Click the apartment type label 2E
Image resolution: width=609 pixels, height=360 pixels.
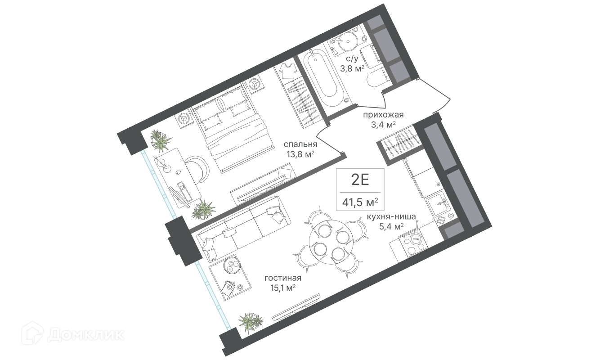[360, 180]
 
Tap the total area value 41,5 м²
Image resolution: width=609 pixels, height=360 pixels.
[360, 202]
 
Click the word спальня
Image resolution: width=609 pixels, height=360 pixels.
[300, 144]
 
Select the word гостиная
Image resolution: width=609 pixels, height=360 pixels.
[283, 278]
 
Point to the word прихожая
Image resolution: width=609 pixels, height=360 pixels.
[383, 115]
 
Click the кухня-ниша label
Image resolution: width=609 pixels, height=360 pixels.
[391, 216]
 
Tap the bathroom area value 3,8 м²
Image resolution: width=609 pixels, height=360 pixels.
[352, 68]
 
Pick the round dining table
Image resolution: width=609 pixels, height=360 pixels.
[331, 242]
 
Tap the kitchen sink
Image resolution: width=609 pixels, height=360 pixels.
[437, 203]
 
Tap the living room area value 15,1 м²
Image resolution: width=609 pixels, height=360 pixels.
[283, 288]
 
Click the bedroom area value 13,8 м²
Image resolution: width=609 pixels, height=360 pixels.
[300, 154]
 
